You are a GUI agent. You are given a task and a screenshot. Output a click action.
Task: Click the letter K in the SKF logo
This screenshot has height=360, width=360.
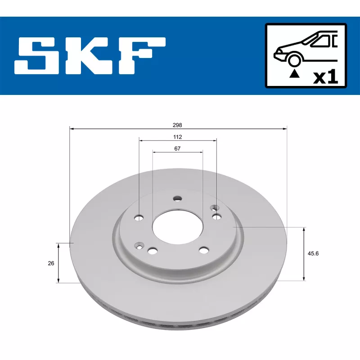91,57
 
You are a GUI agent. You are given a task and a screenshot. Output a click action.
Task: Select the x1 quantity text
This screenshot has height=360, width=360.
325,77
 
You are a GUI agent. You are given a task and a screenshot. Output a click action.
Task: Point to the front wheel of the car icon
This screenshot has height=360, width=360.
294,60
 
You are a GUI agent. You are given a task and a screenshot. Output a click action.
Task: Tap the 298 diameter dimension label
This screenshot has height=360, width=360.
178,125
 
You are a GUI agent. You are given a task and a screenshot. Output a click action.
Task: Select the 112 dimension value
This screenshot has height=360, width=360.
177,137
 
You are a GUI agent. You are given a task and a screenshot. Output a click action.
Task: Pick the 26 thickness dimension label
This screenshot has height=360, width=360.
51,263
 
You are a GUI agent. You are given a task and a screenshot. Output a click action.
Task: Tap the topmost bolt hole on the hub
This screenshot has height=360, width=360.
178,198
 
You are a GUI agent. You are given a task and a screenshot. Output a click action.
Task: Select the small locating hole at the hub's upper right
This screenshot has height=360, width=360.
215,208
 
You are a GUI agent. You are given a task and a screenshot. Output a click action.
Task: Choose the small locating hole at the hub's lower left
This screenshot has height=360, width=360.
139,246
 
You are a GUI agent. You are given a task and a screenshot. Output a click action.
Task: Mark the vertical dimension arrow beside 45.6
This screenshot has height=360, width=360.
304,254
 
